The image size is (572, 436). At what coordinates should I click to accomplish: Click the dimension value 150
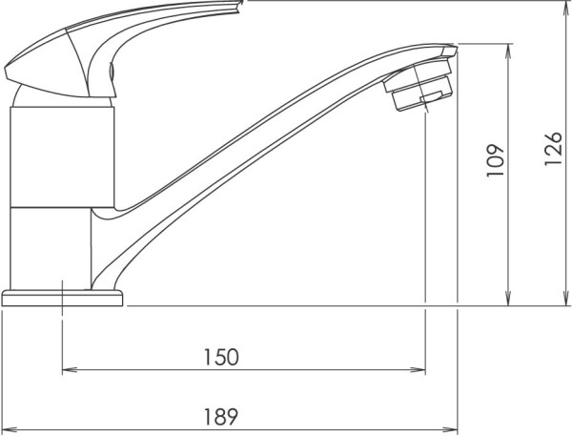point(221,357)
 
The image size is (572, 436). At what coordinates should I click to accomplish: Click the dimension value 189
point(221,417)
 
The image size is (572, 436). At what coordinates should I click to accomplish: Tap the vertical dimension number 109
point(495,160)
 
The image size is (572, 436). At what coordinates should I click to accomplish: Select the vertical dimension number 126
point(553,149)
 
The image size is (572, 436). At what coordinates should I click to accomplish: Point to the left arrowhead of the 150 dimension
point(70,369)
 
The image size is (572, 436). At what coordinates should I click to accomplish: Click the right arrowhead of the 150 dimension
point(419,369)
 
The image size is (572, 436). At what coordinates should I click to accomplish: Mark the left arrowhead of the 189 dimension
point(10,429)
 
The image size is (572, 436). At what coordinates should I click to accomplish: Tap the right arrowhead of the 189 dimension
point(450,429)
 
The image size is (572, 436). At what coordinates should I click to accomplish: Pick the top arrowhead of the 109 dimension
point(508,52)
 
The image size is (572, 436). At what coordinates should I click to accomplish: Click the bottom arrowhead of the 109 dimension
point(508,298)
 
